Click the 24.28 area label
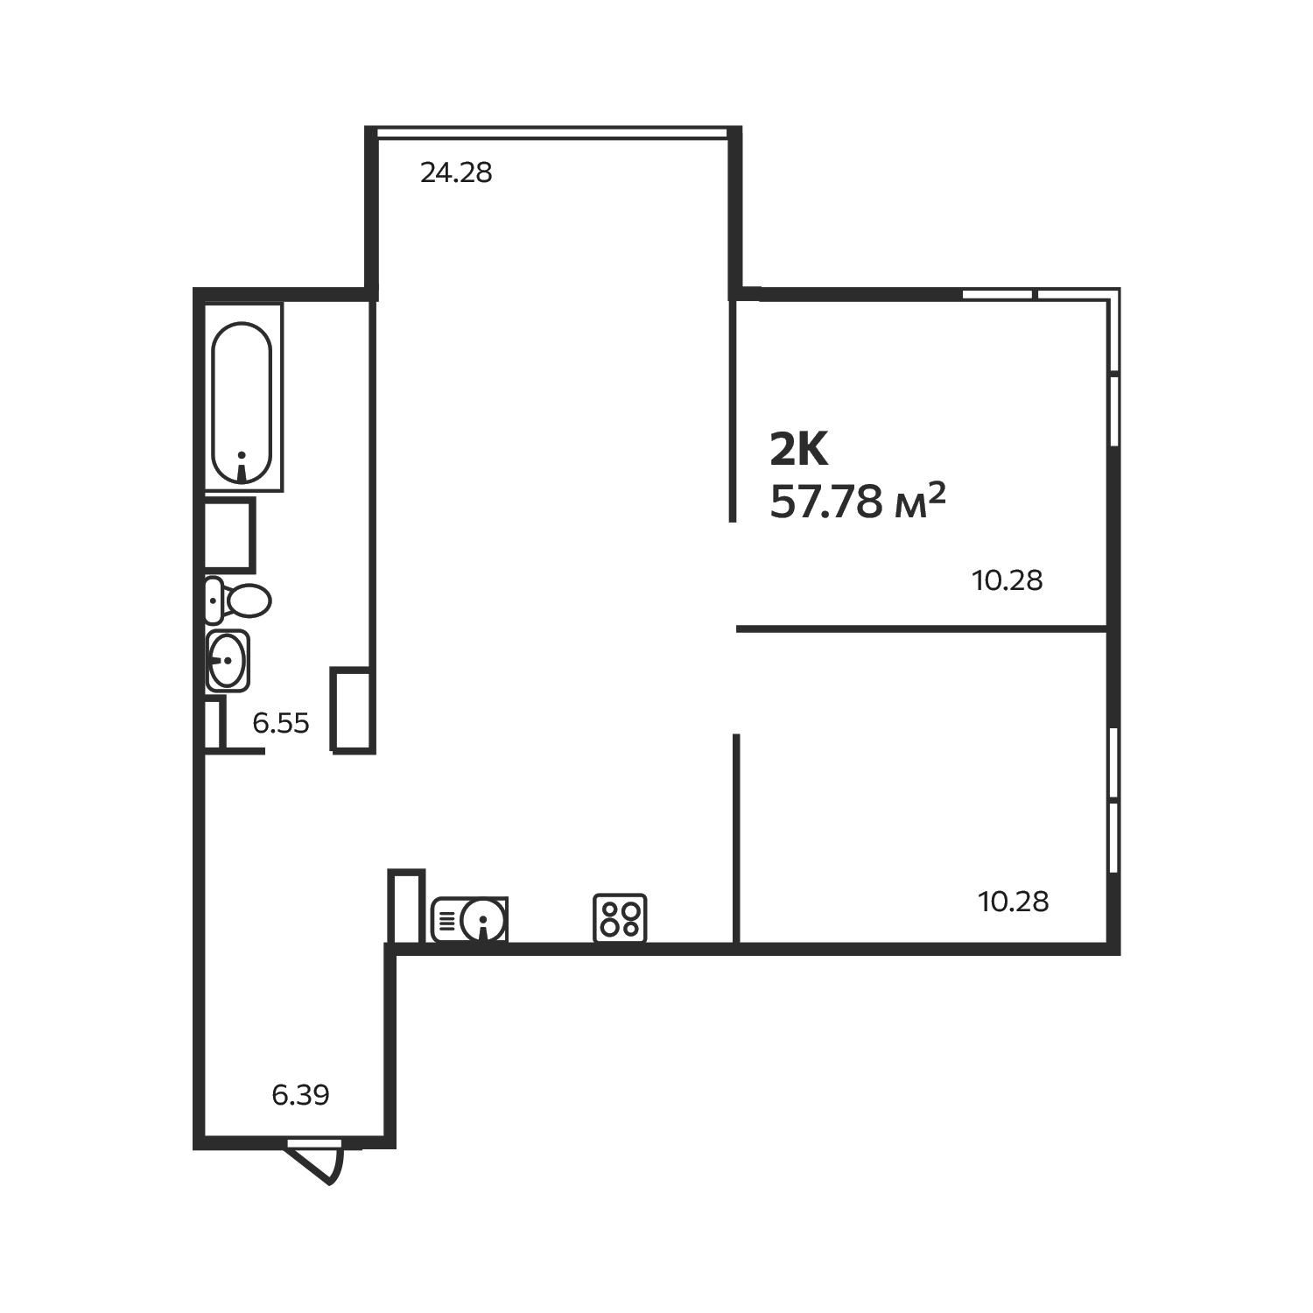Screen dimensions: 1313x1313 [x=456, y=173]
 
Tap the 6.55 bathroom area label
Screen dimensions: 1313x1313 [x=281, y=723]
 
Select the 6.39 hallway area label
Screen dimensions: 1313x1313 [x=300, y=1094]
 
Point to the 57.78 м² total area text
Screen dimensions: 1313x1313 [x=857, y=502]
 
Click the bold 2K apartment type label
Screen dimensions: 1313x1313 [x=798, y=450]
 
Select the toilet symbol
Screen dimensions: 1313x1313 [x=238, y=600]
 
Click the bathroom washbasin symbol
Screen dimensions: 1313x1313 [x=228, y=660]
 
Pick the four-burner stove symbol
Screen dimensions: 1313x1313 [x=620, y=917]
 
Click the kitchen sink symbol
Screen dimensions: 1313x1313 [x=470, y=919]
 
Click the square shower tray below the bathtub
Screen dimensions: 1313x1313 [x=229, y=534]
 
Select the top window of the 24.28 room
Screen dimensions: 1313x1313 [x=552, y=132]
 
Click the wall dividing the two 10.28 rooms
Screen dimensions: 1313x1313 [x=922, y=628]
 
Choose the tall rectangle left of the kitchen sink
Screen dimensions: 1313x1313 [x=406, y=906]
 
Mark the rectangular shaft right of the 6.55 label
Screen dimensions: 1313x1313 [x=352, y=709]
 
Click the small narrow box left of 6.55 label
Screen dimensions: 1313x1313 [x=213, y=722]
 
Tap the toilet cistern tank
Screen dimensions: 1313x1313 [x=214, y=600]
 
